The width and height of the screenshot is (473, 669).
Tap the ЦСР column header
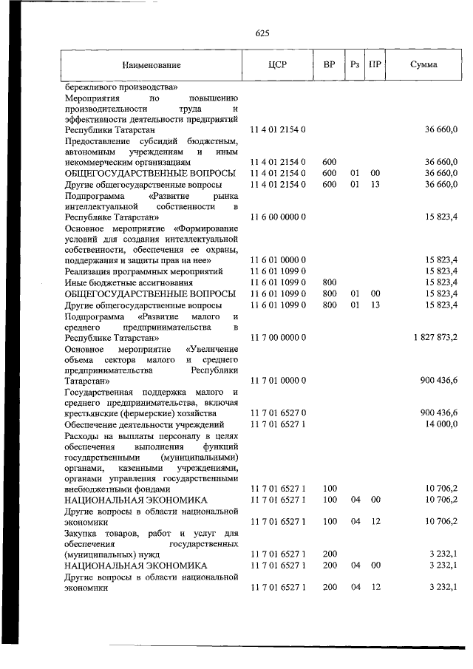tap(278, 64)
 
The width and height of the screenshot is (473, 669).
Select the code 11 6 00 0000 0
tap(278, 217)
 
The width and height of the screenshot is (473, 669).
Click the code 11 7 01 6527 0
tap(278, 412)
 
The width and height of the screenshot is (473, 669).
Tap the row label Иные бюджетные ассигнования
tap(123, 282)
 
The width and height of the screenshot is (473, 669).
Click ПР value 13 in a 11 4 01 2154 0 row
tap(375, 183)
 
